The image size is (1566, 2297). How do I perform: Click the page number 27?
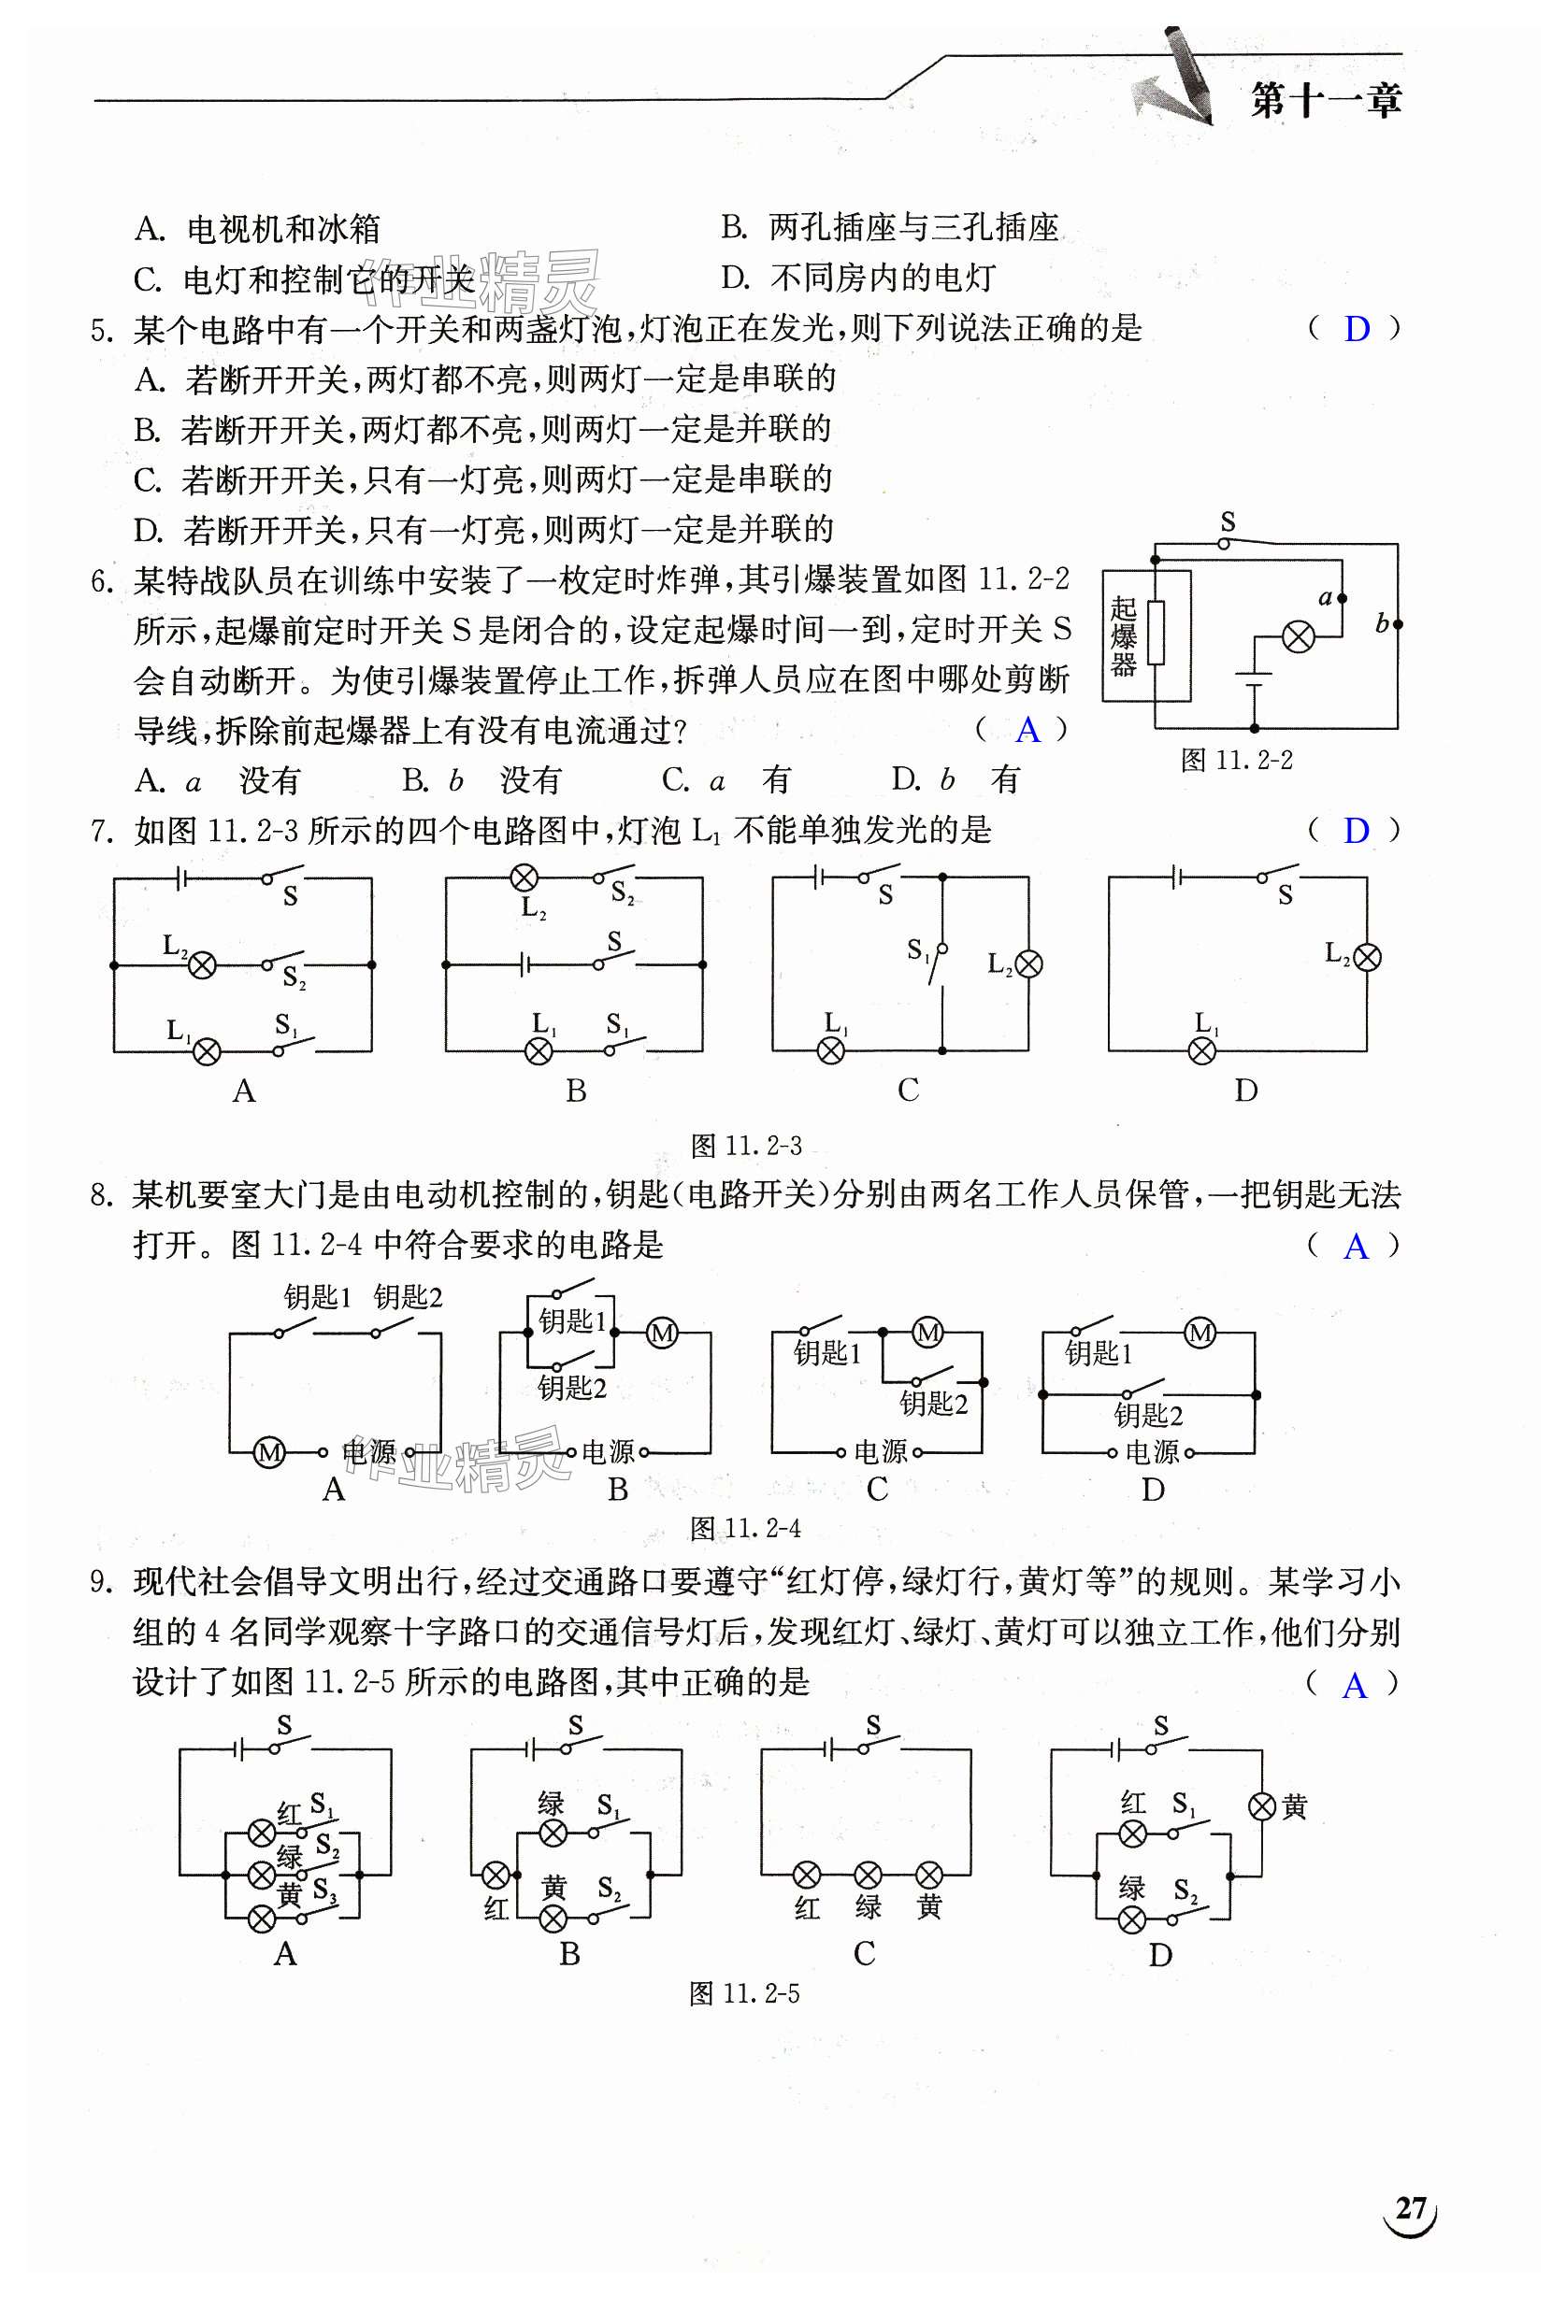(x=1410, y=2208)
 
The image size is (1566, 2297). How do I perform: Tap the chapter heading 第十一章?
(x=1325, y=101)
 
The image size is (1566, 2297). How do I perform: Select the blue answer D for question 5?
(x=1357, y=329)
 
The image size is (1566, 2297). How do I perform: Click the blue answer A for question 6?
(x=1027, y=731)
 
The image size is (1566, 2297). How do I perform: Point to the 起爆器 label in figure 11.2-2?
(x=1122, y=635)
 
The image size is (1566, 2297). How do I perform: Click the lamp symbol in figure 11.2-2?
(x=1298, y=637)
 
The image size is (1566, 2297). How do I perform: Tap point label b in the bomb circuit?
(x=1382, y=623)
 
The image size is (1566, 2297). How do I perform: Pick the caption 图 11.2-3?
(x=745, y=1147)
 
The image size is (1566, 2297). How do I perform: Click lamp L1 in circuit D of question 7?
(x=1202, y=1050)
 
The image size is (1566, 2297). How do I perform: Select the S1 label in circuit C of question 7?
(x=918, y=950)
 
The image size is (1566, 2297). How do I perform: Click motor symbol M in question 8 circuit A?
(x=269, y=1452)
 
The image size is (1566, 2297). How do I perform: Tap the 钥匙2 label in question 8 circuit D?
(x=1148, y=1416)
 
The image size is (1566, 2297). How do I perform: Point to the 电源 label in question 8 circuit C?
(x=880, y=1452)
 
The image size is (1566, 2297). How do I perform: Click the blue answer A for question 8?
(x=1356, y=1248)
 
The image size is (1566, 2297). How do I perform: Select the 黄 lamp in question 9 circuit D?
(x=1261, y=1806)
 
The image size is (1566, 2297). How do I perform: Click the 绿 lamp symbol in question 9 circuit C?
(x=867, y=1874)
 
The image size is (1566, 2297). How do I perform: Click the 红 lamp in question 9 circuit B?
(x=496, y=1874)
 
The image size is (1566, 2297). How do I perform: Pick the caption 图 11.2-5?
(x=744, y=1993)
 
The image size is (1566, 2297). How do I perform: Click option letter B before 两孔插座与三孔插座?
(x=733, y=228)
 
